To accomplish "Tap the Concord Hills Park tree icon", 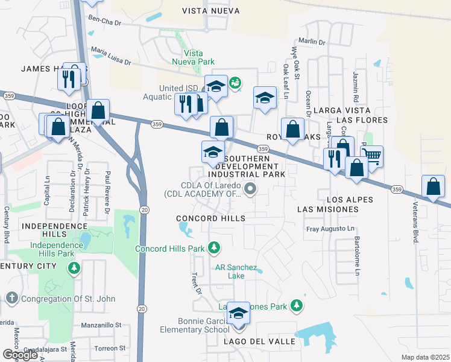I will [213, 247].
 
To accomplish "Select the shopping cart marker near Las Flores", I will [373, 156].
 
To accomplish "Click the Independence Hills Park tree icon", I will [74, 267].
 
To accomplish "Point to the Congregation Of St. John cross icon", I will [11, 298].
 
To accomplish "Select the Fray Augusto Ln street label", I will [330, 229].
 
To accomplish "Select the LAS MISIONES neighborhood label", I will [327, 209].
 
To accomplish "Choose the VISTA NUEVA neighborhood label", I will [211, 11].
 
